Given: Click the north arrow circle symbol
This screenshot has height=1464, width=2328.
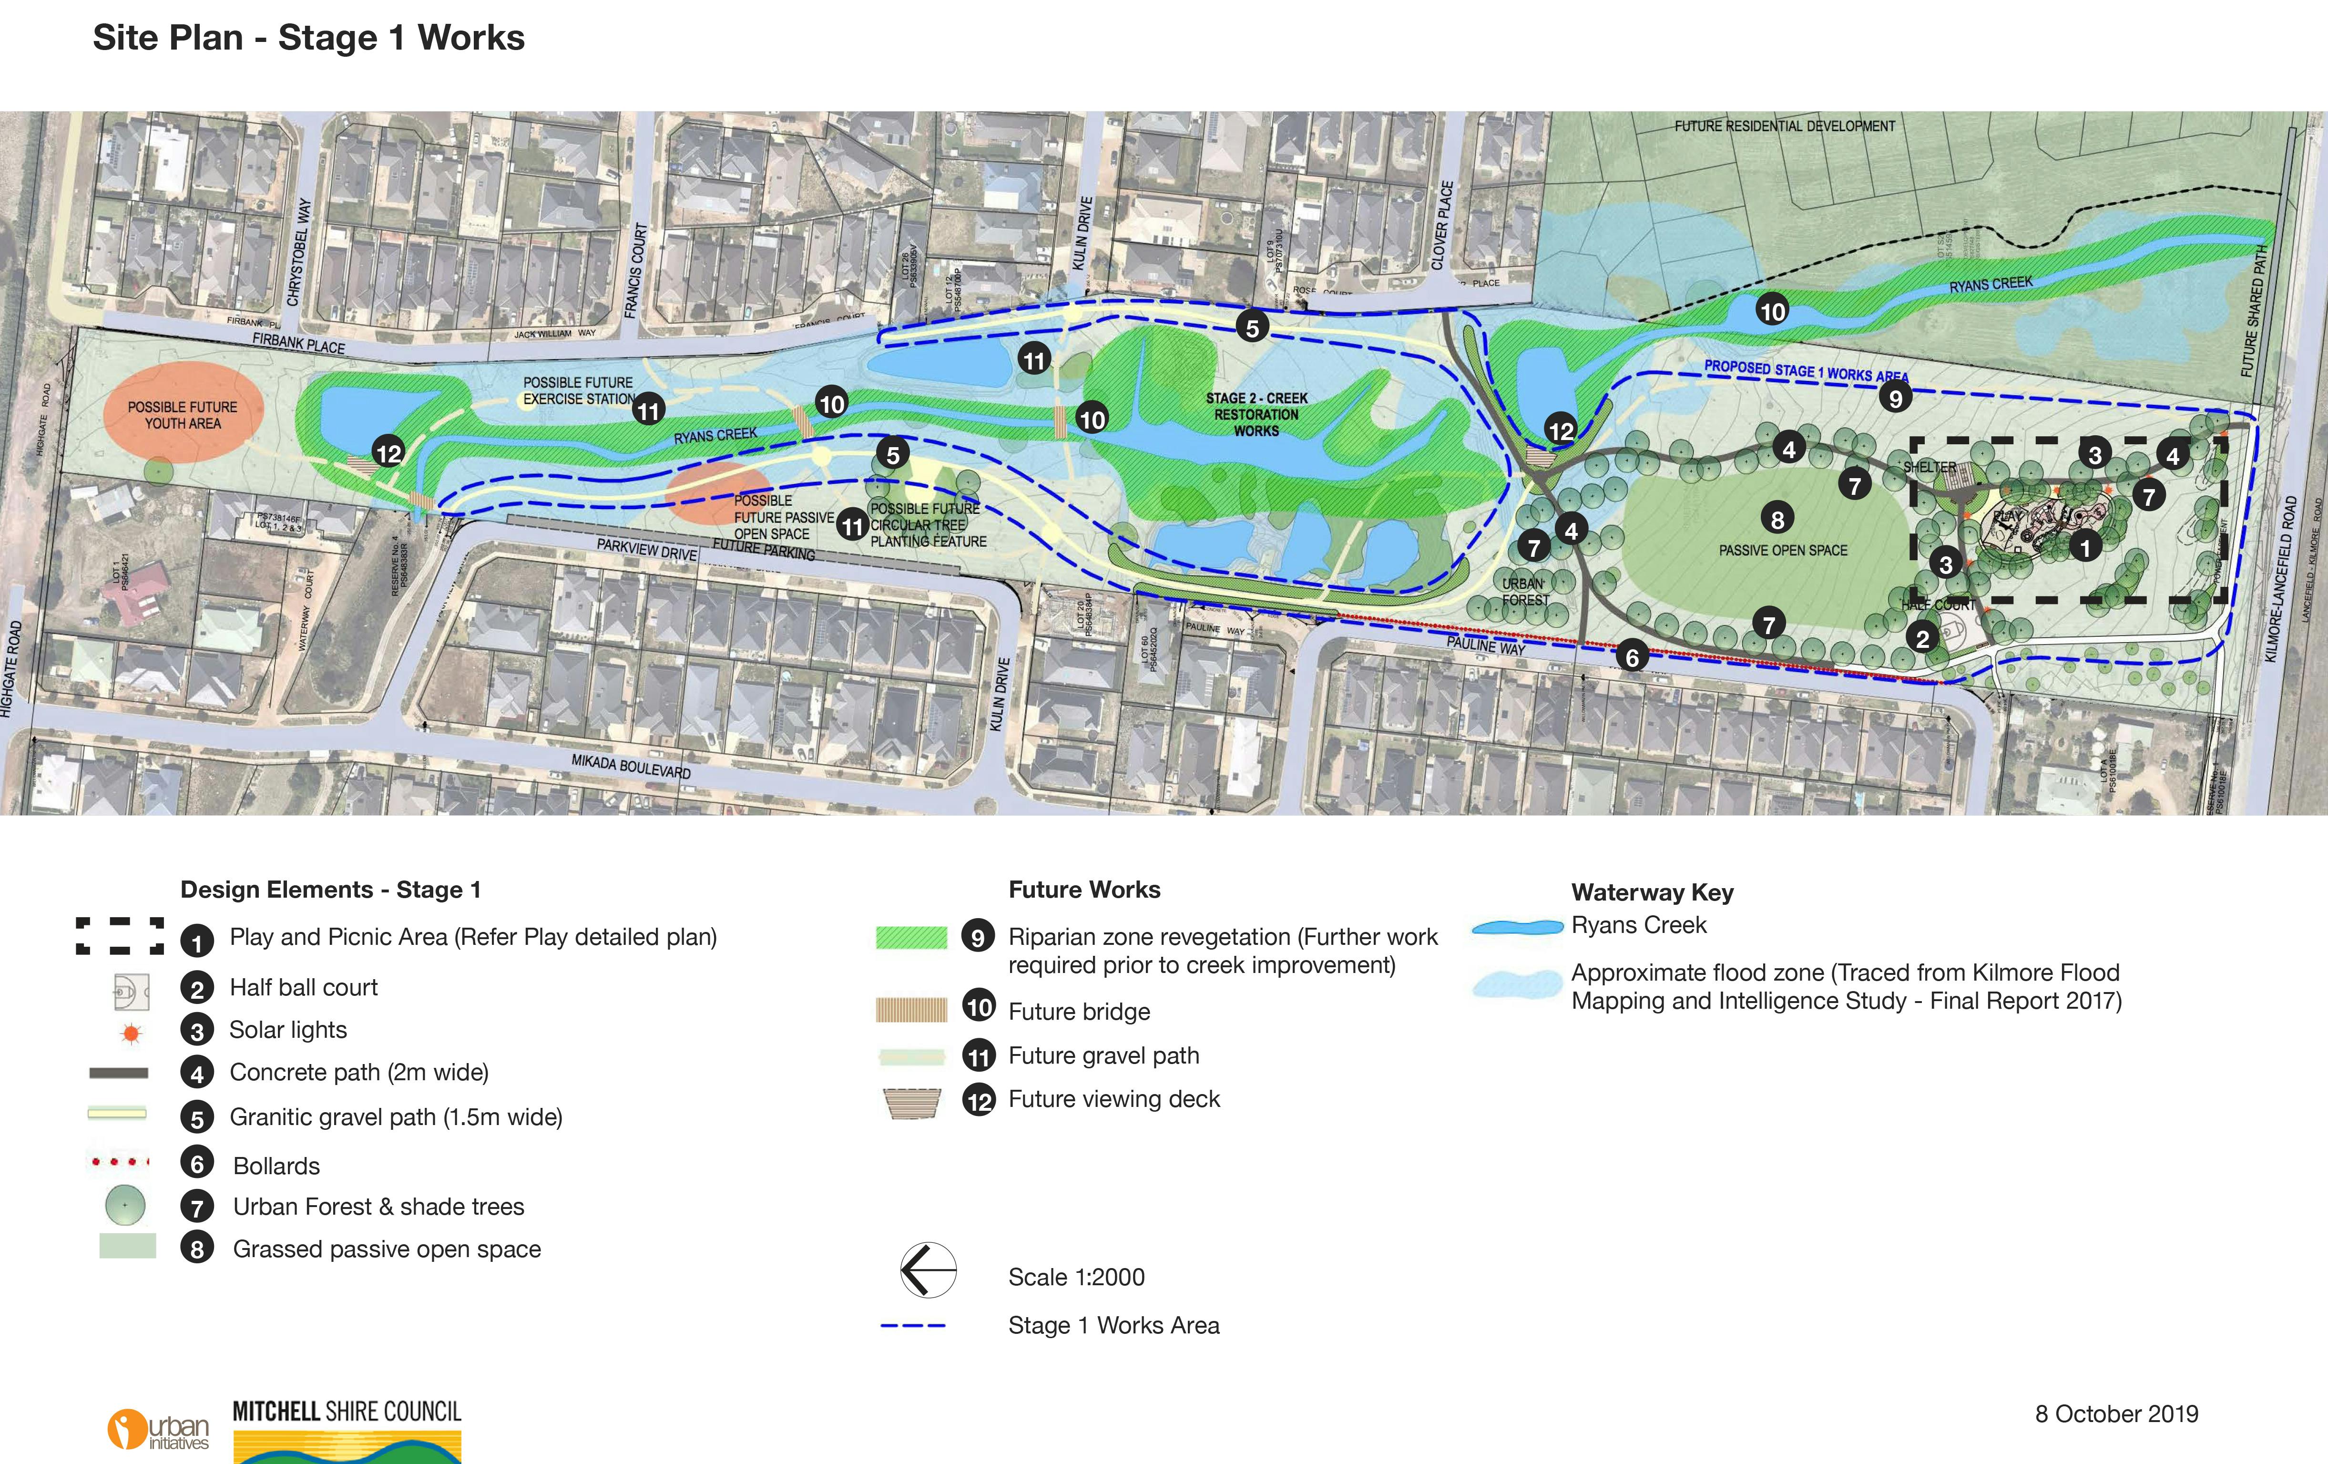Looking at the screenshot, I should (928, 1269).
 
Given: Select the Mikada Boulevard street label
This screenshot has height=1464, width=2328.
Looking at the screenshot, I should (630, 767).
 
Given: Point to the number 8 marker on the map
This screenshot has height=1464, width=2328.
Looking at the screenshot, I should (1777, 519).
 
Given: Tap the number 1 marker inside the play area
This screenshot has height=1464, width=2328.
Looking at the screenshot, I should (2085, 547).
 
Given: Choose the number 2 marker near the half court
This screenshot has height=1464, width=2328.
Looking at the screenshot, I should (1922, 638).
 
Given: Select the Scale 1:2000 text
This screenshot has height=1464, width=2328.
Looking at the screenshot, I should (1076, 1278).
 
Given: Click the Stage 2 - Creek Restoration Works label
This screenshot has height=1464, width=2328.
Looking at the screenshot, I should (1256, 414).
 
